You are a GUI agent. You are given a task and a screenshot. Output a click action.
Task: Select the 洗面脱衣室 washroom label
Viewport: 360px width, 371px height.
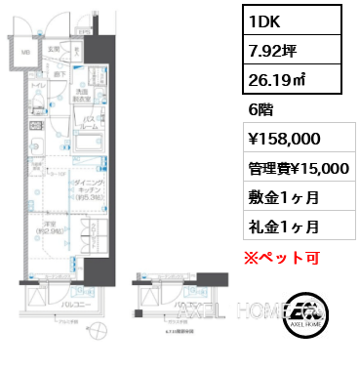(x=84, y=95)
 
